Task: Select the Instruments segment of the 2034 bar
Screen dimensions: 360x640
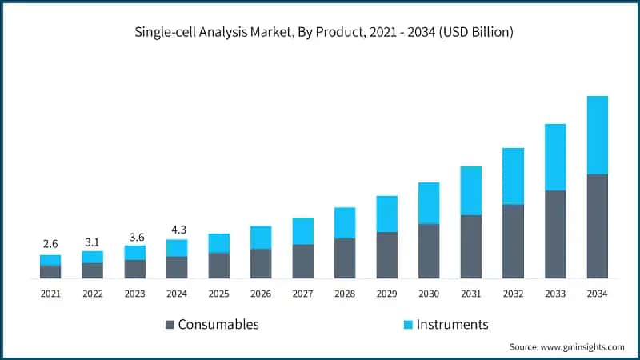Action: coord(597,134)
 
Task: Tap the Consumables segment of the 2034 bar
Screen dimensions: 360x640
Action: coord(597,226)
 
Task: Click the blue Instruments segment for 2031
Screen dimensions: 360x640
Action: coord(470,190)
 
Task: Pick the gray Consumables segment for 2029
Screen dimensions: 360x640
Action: coord(386,255)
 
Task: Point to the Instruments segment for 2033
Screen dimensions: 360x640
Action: coord(555,157)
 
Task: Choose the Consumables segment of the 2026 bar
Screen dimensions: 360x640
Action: coord(261,263)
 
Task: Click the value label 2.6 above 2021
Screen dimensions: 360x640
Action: coord(50,243)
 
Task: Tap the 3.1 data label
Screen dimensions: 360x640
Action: coord(92,240)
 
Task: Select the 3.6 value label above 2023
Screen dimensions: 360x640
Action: coord(134,237)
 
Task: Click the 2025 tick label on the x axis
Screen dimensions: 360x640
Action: coord(218,294)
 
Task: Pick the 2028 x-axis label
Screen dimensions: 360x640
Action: coord(345,294)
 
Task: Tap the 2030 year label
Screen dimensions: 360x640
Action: coord(429,294)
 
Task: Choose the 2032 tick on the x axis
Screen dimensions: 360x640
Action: coord(513,294)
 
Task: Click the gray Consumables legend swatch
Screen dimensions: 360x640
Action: coord(170,325)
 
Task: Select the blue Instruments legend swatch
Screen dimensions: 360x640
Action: coord(409,325)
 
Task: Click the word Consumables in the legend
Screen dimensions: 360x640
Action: coord(218,325)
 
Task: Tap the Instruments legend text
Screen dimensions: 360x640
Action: coord(452,325)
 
